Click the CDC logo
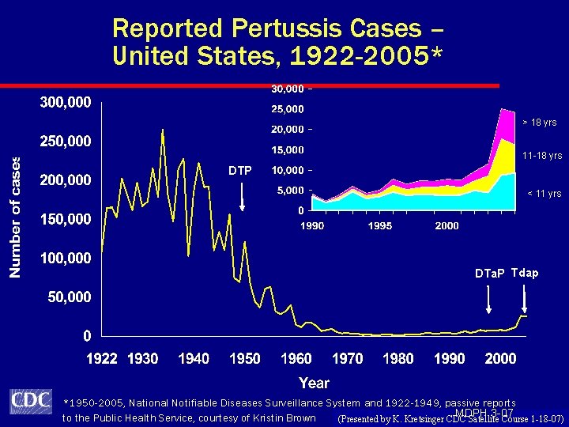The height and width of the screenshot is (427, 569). click(31, 402)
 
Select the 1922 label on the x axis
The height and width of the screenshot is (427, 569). click(102, 359)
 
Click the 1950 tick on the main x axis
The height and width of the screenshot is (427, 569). click(245, 359)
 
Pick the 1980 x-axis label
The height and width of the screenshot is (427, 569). click(398, 359)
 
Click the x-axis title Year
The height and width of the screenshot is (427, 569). click(315, 383)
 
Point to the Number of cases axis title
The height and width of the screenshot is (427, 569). click(15, 216)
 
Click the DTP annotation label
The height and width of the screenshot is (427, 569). click(240, 171)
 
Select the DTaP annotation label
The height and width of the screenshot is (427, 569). click(489, 274)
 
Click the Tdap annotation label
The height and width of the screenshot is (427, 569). click(525, 273)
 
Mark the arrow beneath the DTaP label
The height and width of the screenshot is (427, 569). click(488, 299)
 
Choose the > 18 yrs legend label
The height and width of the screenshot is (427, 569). click(540, 123)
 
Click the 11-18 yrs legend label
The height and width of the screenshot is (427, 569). click(542, 156)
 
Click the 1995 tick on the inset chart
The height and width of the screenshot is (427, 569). click(380, 226)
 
